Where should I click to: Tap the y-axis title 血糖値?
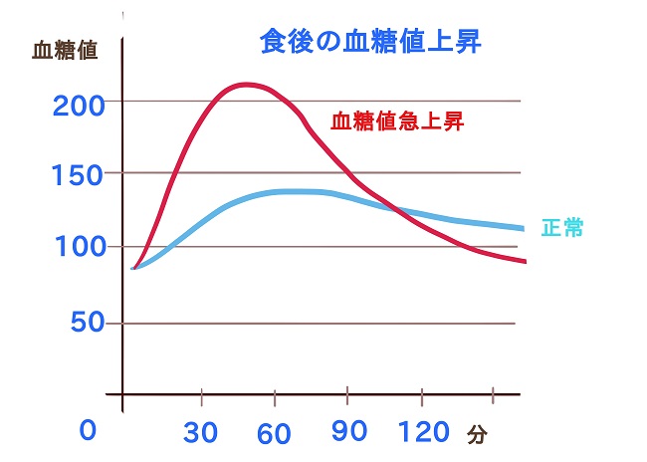(67, 51)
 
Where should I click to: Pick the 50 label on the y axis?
(75, 324)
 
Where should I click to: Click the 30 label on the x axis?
(203, 434)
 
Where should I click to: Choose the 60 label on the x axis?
(274, 434)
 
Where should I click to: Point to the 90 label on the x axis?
(348, 434)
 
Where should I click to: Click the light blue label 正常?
(562, 227)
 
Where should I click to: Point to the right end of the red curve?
(524, 262)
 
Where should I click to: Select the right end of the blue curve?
(524, 228)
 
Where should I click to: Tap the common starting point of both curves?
(133, 268)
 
